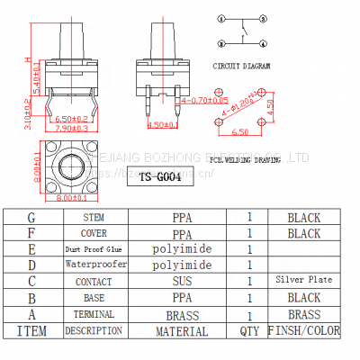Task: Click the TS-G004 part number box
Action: tap(162, 177)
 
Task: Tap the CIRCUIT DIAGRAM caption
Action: tap(240, 67)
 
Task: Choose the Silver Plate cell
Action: tap(303, 280)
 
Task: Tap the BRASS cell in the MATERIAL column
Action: tap(183, 315)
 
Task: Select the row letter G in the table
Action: tap(31, 217)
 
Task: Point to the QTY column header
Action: tap(249, 331)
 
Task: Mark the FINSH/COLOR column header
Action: tap(304, 331)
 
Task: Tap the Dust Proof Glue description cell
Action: tap(94, 248)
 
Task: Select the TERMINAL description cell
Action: tap(94, 314)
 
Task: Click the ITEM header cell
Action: tap(31, 331)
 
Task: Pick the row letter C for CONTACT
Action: tap(31, 281)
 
